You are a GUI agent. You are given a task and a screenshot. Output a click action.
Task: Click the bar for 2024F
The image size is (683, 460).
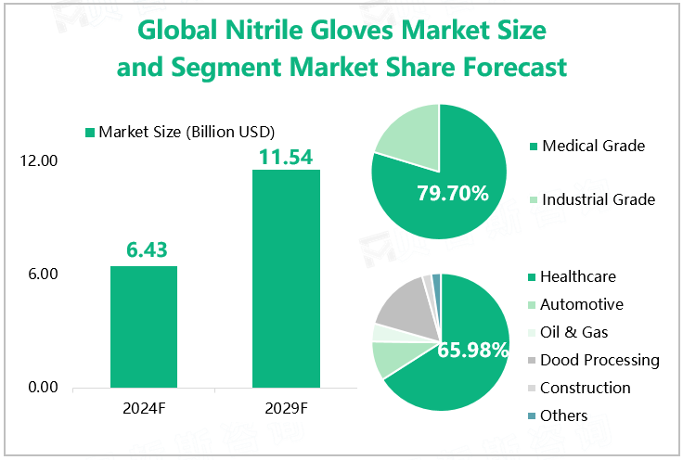pyautogui.click(x=144, y=326)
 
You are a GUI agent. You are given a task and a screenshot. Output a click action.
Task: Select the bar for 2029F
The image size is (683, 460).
pyautogui.click(x=286, y=278)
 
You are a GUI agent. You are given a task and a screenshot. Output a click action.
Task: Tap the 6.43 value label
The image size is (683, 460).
pyautogui.click(x=145, y=250)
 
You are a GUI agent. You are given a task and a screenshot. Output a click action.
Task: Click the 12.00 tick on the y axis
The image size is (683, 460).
pyautogui.click(x=39, y=161)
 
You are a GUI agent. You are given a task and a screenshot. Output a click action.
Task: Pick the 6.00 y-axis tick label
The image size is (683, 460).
pyautogui.click(x=43, y=275)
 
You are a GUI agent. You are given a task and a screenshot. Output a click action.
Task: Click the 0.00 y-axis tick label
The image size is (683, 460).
pyautogui.click(x=43, y=388)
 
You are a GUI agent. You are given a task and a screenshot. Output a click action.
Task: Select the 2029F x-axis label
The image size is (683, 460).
pyautogui.click(x=286, y=407)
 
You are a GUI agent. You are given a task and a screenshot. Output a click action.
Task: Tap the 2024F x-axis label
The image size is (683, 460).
pyautogui.click(x=144, y=407)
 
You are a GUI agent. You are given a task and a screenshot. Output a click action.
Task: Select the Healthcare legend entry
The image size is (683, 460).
pyautogui.click(x=577, y=276)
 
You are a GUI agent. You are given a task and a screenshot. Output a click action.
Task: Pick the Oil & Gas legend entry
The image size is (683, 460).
pyautogui.click(x=573, y=332)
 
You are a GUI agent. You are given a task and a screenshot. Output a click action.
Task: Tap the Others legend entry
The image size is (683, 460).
pyautogui.click(x=563, y=415)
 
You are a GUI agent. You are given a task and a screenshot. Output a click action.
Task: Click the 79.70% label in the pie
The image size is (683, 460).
pyautogui.click(x=453, y=194)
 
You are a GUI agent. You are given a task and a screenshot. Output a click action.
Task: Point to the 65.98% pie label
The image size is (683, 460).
pyautogui.click(x=473, y=351)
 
